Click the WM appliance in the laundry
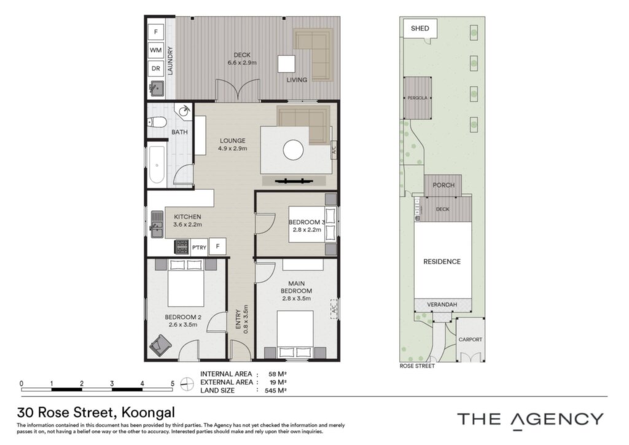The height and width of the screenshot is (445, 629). point(155,50)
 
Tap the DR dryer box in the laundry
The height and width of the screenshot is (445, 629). point(155,69)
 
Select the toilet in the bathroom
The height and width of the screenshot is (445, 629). point(157,122)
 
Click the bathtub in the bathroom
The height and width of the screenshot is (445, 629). point(157,165)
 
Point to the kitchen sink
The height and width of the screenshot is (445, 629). point(157,225)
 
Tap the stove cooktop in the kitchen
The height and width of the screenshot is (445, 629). point(182,246)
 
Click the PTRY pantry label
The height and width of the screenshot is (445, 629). point(199,248)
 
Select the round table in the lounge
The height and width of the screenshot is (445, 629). point(293,150)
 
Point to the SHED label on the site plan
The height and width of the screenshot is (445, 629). point(420,28)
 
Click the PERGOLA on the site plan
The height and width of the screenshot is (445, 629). point(417,98)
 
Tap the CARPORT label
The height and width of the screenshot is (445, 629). point(470,339)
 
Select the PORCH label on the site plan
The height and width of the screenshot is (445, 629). point(443,185)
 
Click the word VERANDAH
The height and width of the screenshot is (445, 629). point(442,305)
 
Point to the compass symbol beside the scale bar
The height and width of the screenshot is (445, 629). point(187,384)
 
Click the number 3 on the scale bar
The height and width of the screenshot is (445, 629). point(112,384)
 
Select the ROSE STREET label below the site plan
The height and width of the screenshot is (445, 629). point(417,366)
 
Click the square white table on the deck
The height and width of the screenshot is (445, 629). point(287,64)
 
